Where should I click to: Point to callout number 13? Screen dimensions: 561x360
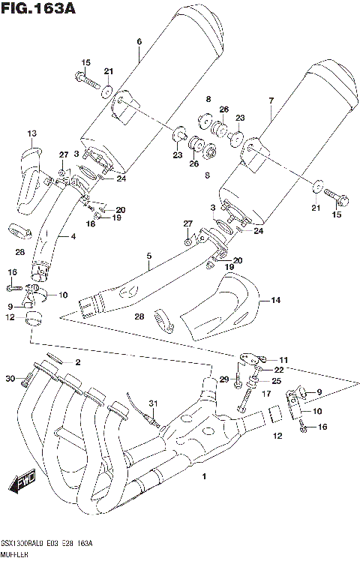click(x=31, y=134)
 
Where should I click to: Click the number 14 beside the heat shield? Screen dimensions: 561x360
click(x=277, y=301)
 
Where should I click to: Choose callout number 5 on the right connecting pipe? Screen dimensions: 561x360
click(x=149, y=257)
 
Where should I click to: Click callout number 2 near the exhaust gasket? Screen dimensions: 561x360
click(x=76, y=362)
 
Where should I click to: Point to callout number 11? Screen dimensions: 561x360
click(x=284, y=360)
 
